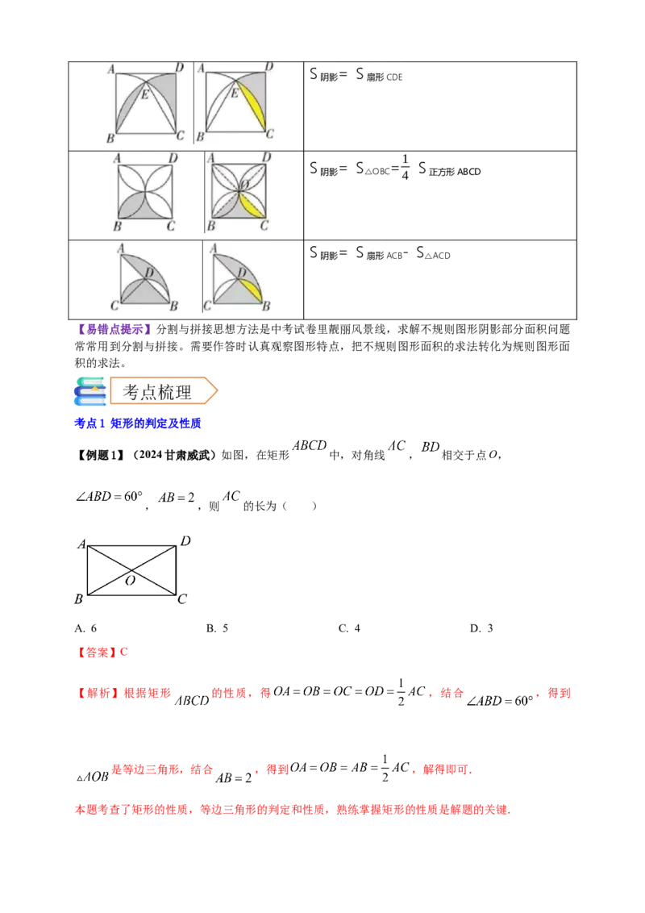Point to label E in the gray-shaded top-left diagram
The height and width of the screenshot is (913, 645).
tap(146, 95)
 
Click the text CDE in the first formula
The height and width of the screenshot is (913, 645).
tap(395, 77)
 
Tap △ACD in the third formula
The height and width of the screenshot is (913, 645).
tap(439, 256)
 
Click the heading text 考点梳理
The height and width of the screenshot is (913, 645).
tap(157, 392)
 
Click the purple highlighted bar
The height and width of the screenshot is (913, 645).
tap(114, 329)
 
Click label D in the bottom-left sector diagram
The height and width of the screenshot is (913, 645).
tap(149, 273)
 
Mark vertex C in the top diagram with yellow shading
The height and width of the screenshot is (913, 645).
tap(270, 135)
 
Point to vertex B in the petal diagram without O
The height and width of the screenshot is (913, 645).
tap(118, 227)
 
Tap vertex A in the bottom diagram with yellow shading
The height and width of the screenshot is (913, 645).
tap(211, 248)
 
